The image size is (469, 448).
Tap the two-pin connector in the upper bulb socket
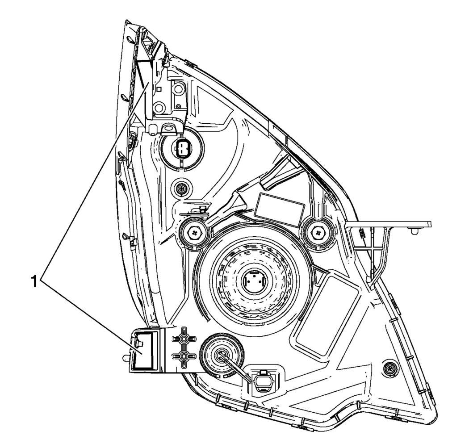pyautogui.click(x=181, y=148)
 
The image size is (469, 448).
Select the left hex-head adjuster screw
pyautogui.click(x=195, y=232)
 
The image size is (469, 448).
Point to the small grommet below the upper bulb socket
pyautogui.click(x=181, y=188)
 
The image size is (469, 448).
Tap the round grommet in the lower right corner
pyautogui.click(x=390, y=368)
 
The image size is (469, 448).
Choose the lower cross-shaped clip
pyautogui.click(x=184, y=356)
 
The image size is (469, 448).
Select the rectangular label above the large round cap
pyautogui.click(x=280, y=209)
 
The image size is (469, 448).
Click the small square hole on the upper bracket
pyautogui.click(x=159, y=89)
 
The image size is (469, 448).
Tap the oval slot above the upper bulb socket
pyautogui.click(x=167, y=128)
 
